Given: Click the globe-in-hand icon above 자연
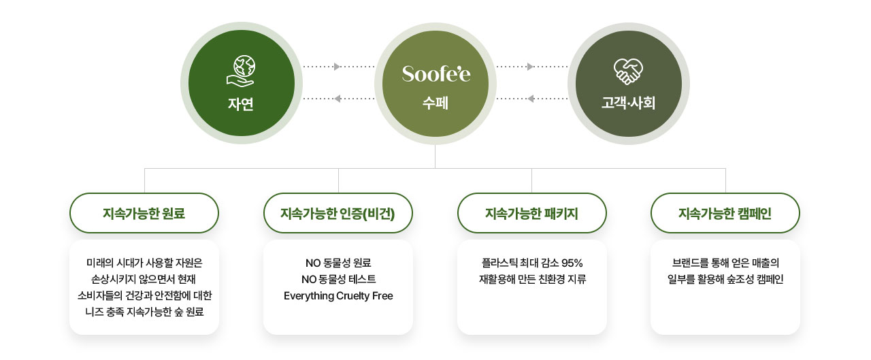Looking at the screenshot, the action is click(241, 71).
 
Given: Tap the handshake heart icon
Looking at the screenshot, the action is click(628, 71).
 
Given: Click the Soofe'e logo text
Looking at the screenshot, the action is click(436, 73).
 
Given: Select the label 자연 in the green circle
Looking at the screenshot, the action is click(241, 104).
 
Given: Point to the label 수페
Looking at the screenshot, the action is click(435, 103).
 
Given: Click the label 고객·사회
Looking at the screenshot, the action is click(628, 103).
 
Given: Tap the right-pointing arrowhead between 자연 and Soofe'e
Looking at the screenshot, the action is click(337, 67).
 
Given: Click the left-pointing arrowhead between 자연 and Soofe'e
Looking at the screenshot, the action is click(338, 99).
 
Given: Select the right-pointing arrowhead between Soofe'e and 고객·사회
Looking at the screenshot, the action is click(530, 67).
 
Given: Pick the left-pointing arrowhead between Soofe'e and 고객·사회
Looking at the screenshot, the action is click(531, 99).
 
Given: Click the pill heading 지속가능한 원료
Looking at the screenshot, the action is click(144, 214).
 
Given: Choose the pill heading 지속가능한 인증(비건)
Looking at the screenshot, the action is click(338, 214).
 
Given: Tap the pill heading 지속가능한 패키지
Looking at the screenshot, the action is click(531, 214).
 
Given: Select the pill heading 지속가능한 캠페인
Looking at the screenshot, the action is click(725, 214).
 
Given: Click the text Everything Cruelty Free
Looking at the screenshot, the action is click(338, 296).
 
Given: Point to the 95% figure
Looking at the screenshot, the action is click(572, 263).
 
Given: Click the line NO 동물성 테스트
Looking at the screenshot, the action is click(339, 279).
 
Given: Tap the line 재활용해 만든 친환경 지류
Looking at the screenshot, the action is click(532, 279).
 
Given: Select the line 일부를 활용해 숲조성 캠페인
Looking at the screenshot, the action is click(725, 279).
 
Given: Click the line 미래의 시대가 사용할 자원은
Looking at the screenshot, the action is click(144, 263).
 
